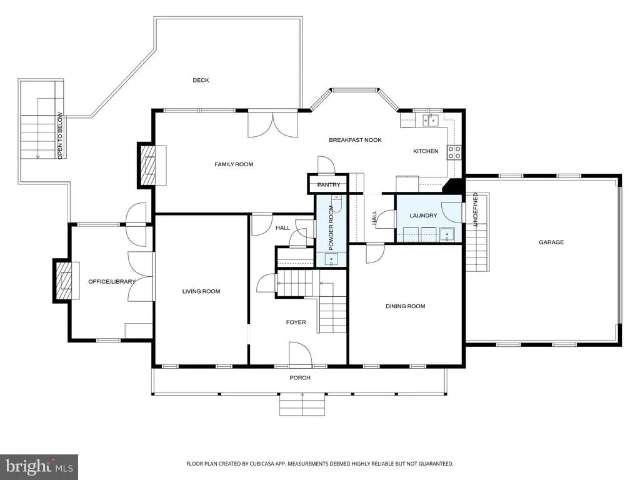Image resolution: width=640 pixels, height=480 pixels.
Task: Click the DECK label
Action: point(201,81)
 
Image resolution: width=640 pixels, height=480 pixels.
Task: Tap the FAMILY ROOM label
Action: point(234,164)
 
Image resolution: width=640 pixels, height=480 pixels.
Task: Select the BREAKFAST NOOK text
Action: point(355,140)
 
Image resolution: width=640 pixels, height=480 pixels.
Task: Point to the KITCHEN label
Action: point(426,151)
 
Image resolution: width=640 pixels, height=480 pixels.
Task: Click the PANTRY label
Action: point(329,185)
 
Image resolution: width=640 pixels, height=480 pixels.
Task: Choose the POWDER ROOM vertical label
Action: point(331,227)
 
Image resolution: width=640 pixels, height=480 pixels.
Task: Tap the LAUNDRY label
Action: point(423,216)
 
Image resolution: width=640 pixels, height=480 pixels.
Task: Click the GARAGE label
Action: point(551,242)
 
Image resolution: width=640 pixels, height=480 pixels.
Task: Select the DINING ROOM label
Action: point(405,306)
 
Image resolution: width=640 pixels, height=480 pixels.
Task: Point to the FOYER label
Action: point(296,322)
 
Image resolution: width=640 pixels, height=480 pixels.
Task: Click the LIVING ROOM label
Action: point(201,291)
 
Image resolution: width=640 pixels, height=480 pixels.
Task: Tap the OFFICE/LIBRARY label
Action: point(112,282)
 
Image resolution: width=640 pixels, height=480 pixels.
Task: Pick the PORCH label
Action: point(300,378)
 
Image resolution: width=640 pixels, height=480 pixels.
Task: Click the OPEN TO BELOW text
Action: point(60,136)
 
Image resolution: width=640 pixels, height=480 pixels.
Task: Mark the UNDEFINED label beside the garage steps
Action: point(475,209)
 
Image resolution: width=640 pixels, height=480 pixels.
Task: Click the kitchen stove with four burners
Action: point(454,152)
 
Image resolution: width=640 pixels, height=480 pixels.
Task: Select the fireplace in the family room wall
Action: point(148,165)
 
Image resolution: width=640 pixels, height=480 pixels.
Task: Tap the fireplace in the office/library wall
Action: point(64,281)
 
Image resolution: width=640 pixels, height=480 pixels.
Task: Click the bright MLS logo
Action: point(39,466)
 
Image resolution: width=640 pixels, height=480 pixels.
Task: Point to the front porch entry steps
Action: point(302,404)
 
